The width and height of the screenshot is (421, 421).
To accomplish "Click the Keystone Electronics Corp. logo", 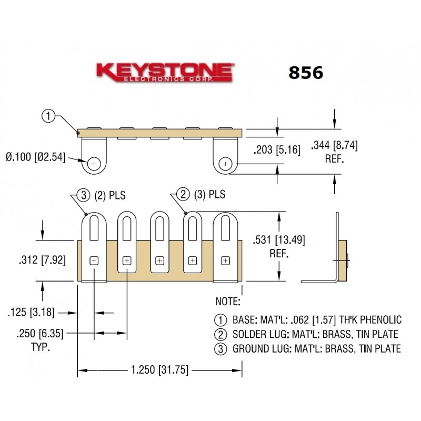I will tap(164, 73).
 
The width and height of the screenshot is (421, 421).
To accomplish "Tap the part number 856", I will tap(305, 73).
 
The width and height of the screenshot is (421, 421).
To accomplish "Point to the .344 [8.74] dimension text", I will tap(335, 145).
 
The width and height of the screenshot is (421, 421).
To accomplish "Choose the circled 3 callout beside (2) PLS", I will tap(84, 195).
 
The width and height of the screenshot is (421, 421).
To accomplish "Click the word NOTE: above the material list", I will tap(228, 302).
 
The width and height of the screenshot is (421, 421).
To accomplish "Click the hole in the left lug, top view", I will tap(94, 164).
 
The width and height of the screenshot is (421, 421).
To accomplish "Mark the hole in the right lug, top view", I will tap(225, 164).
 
